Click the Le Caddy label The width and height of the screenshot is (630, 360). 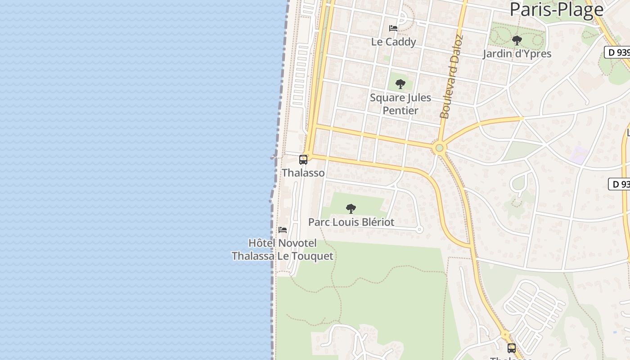393,42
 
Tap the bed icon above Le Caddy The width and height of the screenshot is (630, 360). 393,28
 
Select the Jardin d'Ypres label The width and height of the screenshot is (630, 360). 517,54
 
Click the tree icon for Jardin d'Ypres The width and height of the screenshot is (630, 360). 517,40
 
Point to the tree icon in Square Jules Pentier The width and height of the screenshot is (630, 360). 400,84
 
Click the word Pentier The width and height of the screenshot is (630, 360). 400,110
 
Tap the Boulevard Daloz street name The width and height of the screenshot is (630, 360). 451,76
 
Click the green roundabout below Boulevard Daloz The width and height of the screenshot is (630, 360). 439,148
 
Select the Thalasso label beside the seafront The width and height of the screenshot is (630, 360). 303,173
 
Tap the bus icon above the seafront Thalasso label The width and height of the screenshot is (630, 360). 303,160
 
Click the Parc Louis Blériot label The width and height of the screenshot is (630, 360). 351,222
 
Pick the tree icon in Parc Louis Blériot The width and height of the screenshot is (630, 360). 351,209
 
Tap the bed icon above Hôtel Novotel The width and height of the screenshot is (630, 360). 283,230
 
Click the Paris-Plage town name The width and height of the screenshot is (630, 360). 556,9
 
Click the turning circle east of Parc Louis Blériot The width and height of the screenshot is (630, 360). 419,229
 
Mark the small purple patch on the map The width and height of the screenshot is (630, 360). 579,155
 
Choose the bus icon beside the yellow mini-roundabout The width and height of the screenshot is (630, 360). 512,348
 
